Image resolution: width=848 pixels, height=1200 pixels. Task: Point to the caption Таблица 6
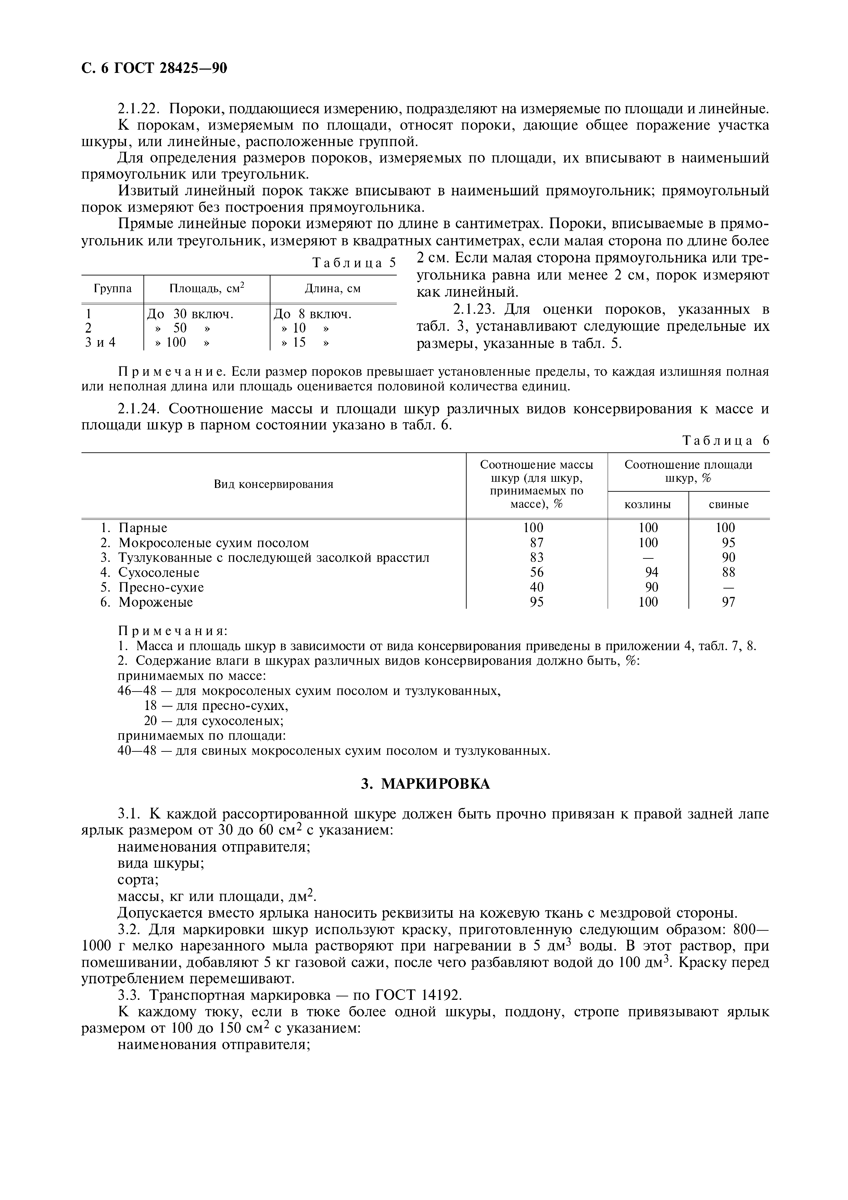[726, 441]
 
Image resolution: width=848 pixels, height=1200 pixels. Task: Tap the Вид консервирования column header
[274, 484]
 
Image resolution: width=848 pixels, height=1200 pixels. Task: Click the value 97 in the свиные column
[728, 602]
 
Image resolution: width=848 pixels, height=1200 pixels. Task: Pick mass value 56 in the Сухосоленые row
[536, 572]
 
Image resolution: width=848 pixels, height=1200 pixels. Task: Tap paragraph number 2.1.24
[139, 408]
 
